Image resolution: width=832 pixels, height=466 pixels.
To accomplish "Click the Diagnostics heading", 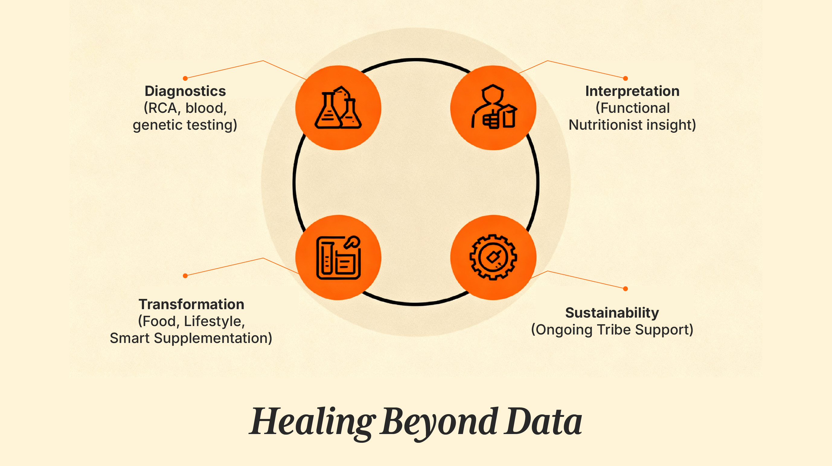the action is click(x=185, y=91).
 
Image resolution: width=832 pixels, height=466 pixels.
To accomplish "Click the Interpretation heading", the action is click(x=632, y=91).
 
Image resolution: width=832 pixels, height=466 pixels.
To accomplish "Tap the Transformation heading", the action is click(x=191, y=304).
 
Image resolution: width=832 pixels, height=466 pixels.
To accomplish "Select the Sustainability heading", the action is click(x=612, y=313).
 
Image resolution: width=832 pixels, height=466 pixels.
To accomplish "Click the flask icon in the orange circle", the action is click(x=338, y=108).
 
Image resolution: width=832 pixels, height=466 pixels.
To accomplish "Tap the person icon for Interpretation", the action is click(x=493, y=107).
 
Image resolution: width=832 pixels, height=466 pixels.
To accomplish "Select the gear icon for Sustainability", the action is click(x=493, y=257).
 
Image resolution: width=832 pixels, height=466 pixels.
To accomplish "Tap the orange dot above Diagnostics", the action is click(x=185, y=78).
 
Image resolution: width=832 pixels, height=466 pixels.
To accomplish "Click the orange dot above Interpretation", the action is click(x=625, y=78).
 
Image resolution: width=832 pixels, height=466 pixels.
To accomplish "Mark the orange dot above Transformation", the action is click(x=185, y=276).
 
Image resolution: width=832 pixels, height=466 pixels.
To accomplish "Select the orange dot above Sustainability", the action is click(x=625, y=289).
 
